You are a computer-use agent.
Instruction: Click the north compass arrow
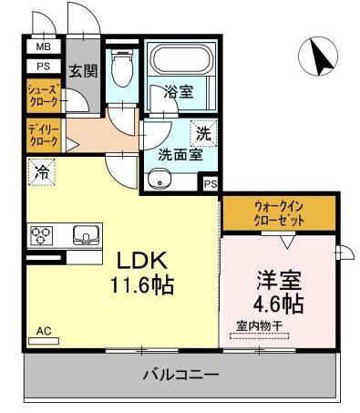(320, 57)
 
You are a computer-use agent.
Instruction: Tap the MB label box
(43, 46)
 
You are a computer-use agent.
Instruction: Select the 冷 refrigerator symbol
(42, 170)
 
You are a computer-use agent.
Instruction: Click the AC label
(44, 331)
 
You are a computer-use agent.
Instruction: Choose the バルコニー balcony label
(180, 375)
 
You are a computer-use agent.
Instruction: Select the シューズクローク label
(43, 95)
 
